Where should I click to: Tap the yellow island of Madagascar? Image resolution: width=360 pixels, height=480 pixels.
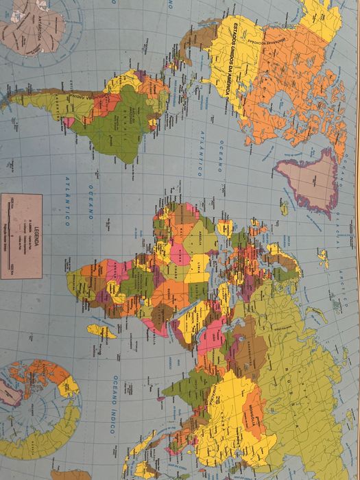pos(101,331)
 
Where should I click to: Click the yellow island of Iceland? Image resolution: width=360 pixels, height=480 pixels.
pos(283,206)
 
